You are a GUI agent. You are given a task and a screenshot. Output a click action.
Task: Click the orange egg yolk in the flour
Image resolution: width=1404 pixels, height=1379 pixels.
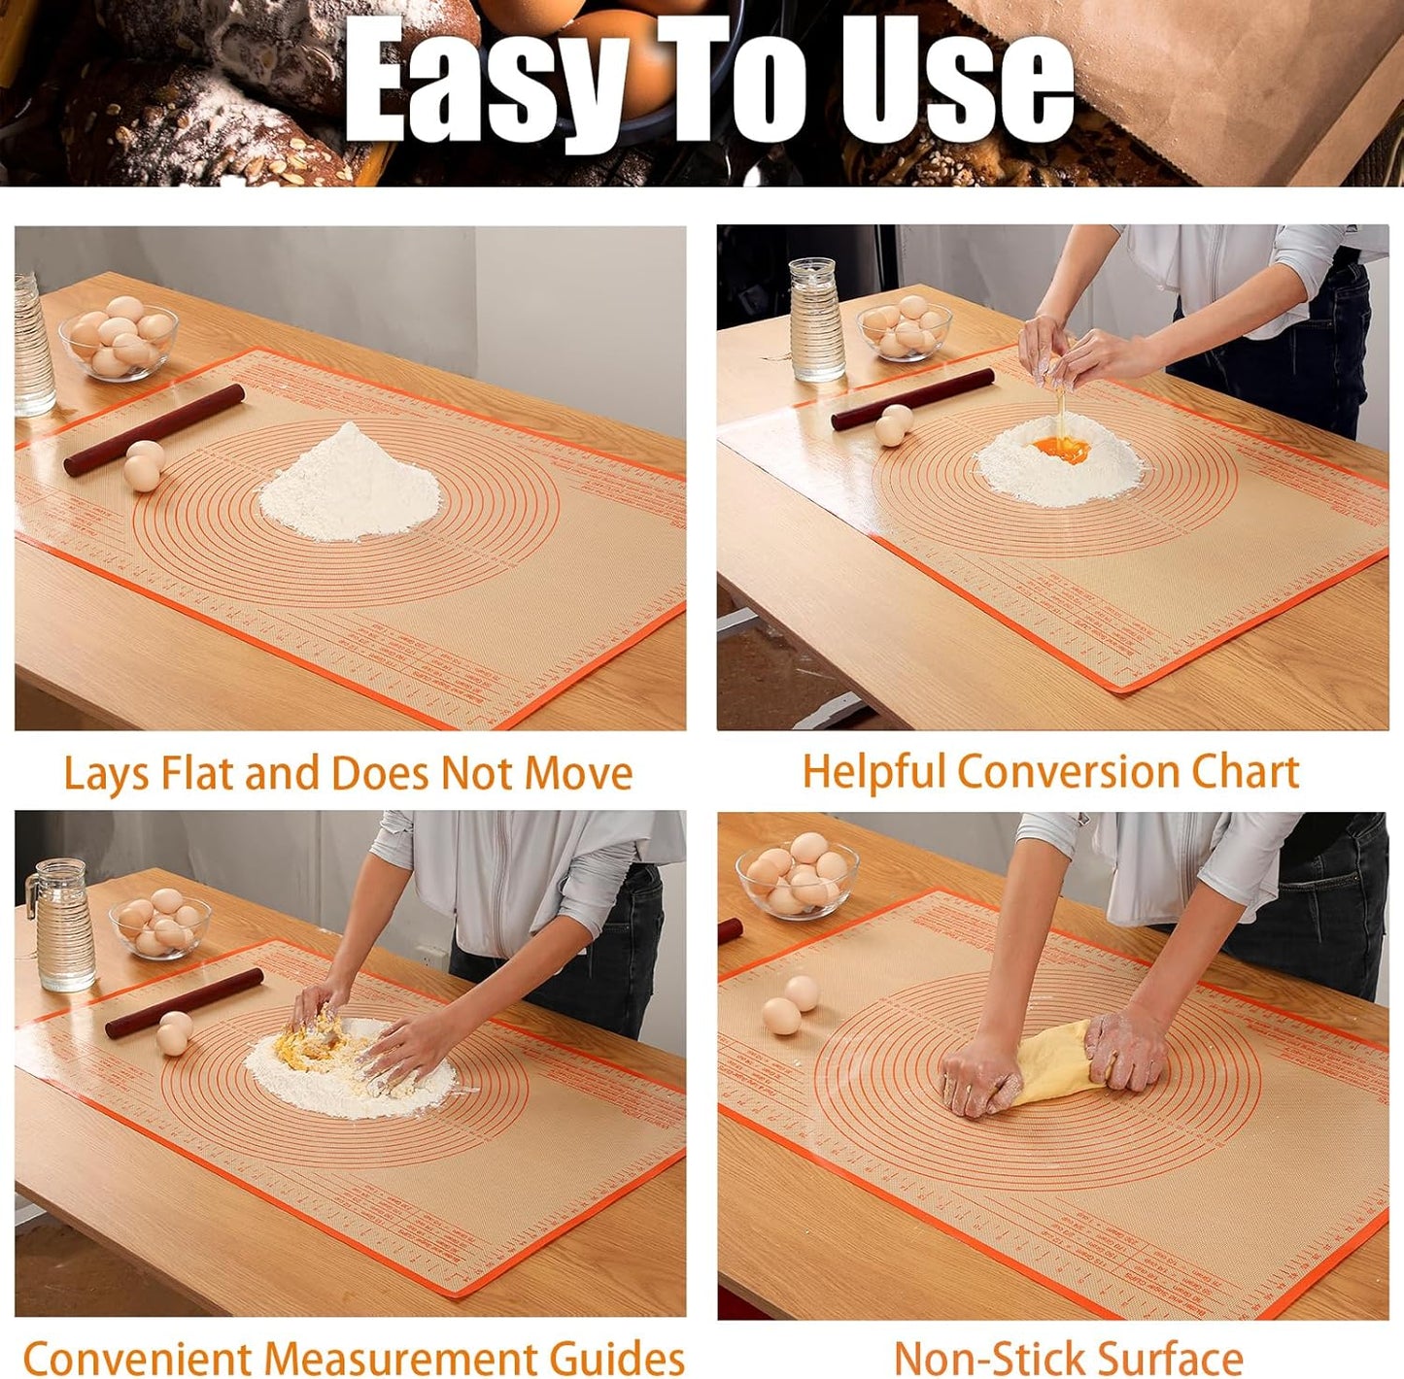coord(1061,449)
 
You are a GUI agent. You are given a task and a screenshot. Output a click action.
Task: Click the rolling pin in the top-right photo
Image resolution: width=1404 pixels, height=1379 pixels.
coord(912,399)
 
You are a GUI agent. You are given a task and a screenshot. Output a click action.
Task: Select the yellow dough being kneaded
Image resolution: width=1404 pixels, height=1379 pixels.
coord(1055,1066)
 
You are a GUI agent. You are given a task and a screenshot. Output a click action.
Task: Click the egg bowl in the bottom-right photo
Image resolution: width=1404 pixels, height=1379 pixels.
coord(798,877)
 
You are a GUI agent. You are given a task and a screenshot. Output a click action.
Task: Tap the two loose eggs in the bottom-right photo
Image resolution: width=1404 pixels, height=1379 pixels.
coord(791,1006)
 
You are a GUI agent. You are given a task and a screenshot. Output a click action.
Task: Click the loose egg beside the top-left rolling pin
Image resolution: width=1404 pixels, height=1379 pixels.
coord(144,464)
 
